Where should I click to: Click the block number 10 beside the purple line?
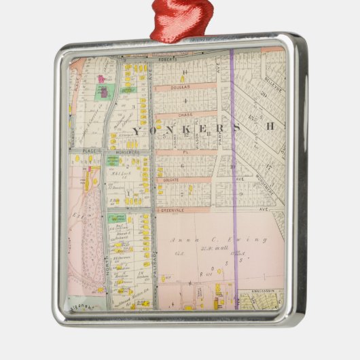[232, 167]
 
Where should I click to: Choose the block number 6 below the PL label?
[182, 166]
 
